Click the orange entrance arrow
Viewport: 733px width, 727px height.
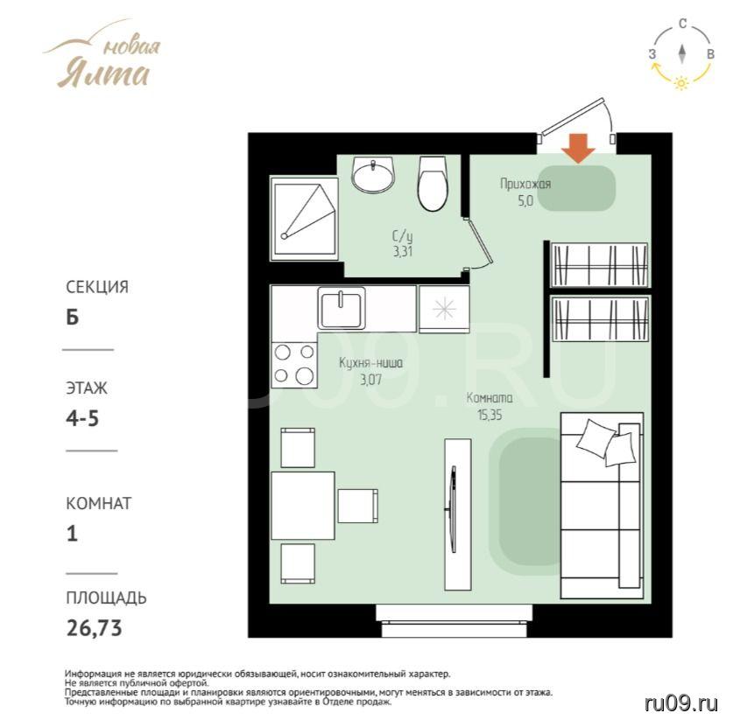(x=578, y=149)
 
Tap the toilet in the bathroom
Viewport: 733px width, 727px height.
(x=433, y=184)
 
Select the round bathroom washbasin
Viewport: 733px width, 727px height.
(x=374, y=175)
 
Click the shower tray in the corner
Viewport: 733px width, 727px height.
(x=305, y=218)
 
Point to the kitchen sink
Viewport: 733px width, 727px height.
(x=342, y=308)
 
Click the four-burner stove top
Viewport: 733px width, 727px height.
(x=294, y=365)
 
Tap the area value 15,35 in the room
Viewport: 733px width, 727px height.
(x=490, y=415)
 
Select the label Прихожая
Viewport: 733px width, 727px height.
(x=525, y=184)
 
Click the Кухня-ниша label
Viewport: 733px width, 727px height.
(x=370, y=363)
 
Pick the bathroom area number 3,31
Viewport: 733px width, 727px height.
(x=403, y=252)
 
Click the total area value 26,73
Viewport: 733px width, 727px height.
(x=95, y=628)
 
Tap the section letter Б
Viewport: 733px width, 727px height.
(x=73, y=318)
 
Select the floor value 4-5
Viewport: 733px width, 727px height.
(x=82, y=418)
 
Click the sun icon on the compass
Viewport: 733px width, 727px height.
(x=681, y=84)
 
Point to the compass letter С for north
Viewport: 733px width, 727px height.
(x=683, y=24)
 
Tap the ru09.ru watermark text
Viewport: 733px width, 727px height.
(x=680, y=703)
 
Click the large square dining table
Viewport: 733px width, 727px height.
(x=303, y=505)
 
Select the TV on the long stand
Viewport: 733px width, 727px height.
(x=452, y=510)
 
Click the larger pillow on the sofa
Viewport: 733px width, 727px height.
(x=596, y=438)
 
